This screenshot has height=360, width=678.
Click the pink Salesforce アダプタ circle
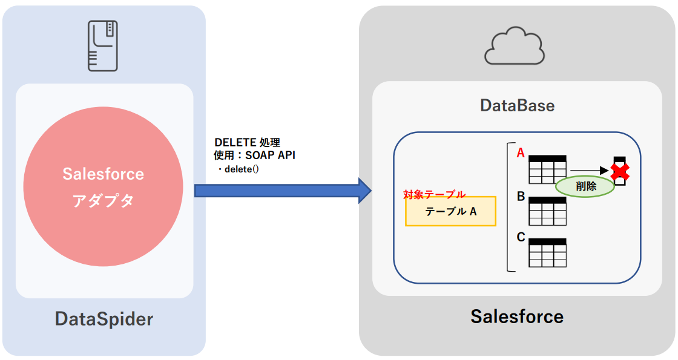(104, 186)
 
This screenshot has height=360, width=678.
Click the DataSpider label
(104, 318)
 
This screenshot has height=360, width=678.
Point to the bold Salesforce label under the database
(517, 316)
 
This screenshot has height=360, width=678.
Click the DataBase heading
(517, 105)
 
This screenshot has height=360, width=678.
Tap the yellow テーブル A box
(450, 211)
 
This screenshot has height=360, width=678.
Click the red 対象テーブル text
(435, 194)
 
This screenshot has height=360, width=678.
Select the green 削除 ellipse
(585, 186)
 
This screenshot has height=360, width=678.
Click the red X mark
(619, 172)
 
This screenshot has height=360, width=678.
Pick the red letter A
(520, 153)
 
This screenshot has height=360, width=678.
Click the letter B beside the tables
(520, 196)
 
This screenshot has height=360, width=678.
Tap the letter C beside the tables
(521, 237)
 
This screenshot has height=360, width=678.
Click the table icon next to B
(548, 211)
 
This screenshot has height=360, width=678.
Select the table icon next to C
(548, 253)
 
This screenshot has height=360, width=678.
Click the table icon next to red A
(547, 169)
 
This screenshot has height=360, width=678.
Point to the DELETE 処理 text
(248, 143)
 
